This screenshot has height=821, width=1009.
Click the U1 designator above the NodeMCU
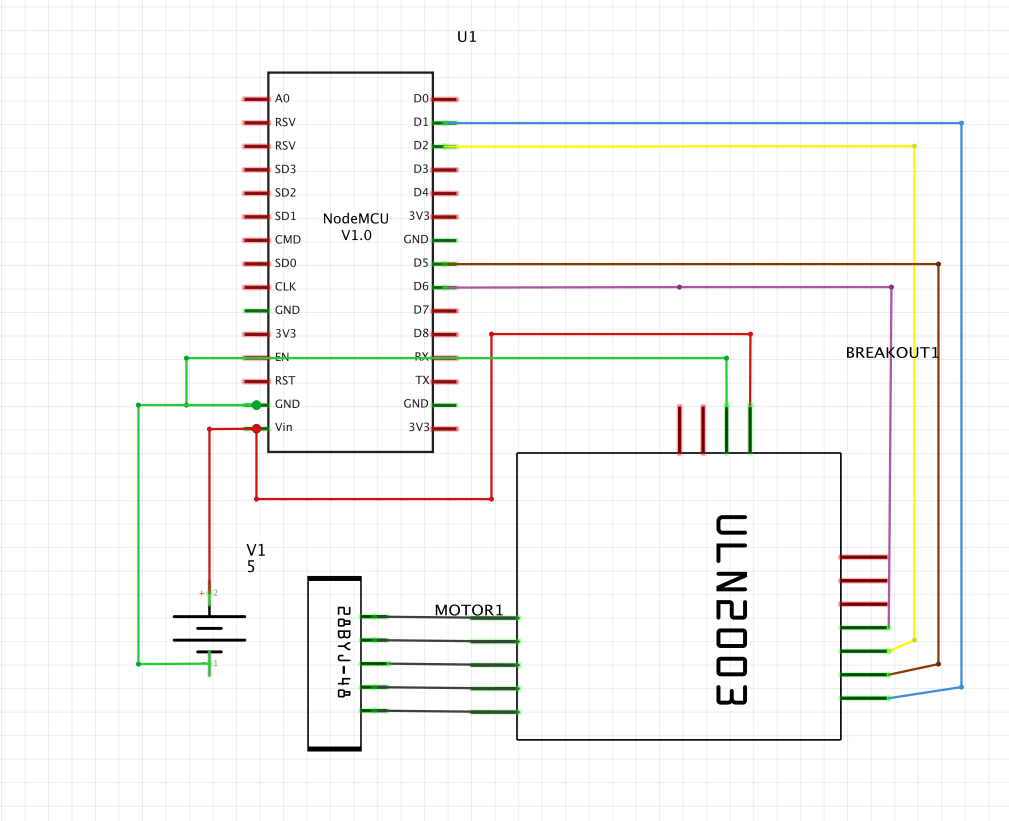[467, 37]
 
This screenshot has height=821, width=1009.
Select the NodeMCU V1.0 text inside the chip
[355, 227]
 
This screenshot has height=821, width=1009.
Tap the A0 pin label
[282, 99]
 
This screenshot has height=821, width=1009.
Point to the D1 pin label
[420, 122]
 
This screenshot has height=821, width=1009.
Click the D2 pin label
[420, 146]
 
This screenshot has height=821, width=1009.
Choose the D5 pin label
[420, 264]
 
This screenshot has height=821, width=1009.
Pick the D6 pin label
[420, 287]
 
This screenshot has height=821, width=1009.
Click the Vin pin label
[283, 428]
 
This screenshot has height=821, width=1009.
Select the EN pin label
[282, 357]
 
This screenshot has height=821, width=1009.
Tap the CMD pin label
[287, 240]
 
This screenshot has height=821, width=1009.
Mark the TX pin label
[422, 381]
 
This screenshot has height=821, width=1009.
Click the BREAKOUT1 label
[892, 353]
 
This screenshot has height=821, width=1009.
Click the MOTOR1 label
[468, 610]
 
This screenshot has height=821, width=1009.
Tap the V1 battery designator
[256, 551]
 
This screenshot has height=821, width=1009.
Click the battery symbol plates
[209, 628]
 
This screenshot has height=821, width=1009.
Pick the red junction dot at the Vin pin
[257, 429]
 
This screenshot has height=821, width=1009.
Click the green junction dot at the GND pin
[257, 405]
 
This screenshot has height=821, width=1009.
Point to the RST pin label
[285, 381]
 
